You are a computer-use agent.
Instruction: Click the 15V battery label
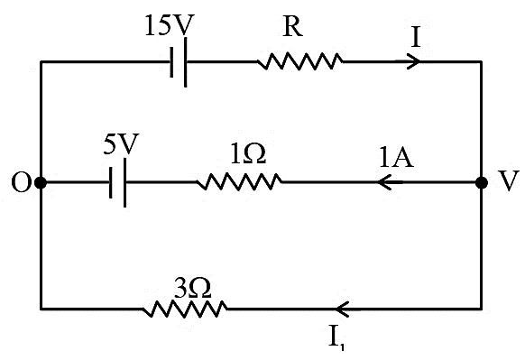pyautogui.click(x=170, y=26)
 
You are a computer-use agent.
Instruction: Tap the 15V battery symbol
pyautogui.click(x=179, y=62)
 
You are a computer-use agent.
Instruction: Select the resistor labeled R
pyautogui.click(x=300, y=61)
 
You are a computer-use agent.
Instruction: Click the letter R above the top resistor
pyautogui.click(x=293, y=26)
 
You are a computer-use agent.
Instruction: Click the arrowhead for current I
pyautogui.click(x=414, y=61)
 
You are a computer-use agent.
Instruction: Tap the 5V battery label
pyautogui.click(x=121, y=144)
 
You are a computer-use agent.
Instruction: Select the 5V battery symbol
pyautogui.click(x=118, y=182)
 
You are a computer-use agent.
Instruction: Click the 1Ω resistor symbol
pyautogui.click(x=239, y=182)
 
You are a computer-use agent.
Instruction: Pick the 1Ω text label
pyautogui.click(x=249, y=154)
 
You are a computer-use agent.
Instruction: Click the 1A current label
pyautogui.click(x=396, y=157)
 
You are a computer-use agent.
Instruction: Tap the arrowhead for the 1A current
pyautogui.click(x=385, y=182)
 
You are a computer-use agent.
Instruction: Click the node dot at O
pyautogui.click(x=41, y=183)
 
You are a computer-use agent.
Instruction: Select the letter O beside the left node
pyautogui.click(x=21, y=183)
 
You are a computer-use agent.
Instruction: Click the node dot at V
pyautogui.click(x=482, y=183)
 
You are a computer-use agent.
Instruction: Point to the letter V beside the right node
pyautogui.click(x=508, y=180)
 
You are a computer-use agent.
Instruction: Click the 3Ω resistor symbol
pyautogui.click(x=185, y=309)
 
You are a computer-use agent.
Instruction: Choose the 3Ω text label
pyautogui.click(x=193, y=288)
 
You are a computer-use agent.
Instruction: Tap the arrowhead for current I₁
pyautogui.click(x=343, y=309)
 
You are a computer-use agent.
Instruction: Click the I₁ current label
pyautogui.click(x=336, y=338)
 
